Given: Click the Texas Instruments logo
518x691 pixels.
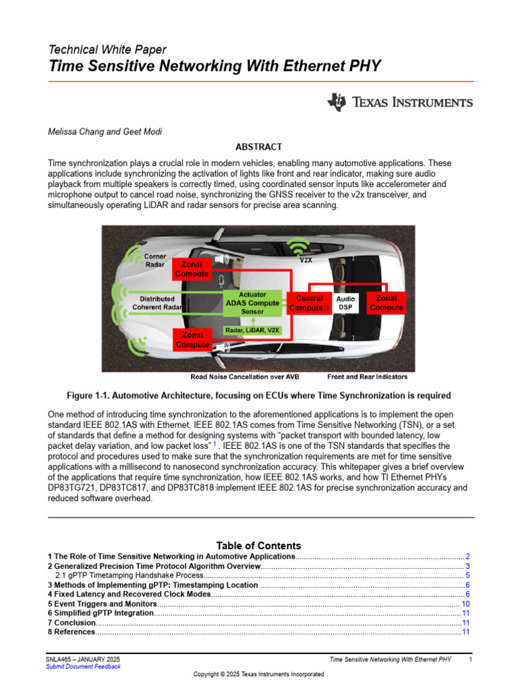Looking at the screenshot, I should point(400,103).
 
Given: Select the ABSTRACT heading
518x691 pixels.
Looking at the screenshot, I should point(258,146).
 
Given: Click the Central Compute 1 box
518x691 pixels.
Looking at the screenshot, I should point(309,303).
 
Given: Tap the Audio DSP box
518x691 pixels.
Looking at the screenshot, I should point(345,303).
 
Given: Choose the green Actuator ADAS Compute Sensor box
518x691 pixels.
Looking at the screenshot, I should point(252,303).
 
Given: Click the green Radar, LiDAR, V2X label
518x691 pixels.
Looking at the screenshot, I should point(252,330).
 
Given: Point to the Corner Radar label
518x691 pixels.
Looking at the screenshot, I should point(155,261).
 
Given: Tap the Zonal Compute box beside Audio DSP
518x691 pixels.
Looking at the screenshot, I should point(386,303).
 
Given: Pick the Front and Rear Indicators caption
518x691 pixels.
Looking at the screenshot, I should point(367,377).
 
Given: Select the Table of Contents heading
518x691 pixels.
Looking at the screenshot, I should point(258,545).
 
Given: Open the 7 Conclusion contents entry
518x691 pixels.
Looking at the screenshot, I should point(72,623).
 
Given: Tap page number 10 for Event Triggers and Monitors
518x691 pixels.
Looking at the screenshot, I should point(465,604).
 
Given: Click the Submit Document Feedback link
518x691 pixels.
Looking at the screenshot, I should point(84,666).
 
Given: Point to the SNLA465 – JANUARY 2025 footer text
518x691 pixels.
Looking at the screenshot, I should point(84,658).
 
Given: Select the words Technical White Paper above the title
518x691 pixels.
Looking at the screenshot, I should point(107,50).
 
